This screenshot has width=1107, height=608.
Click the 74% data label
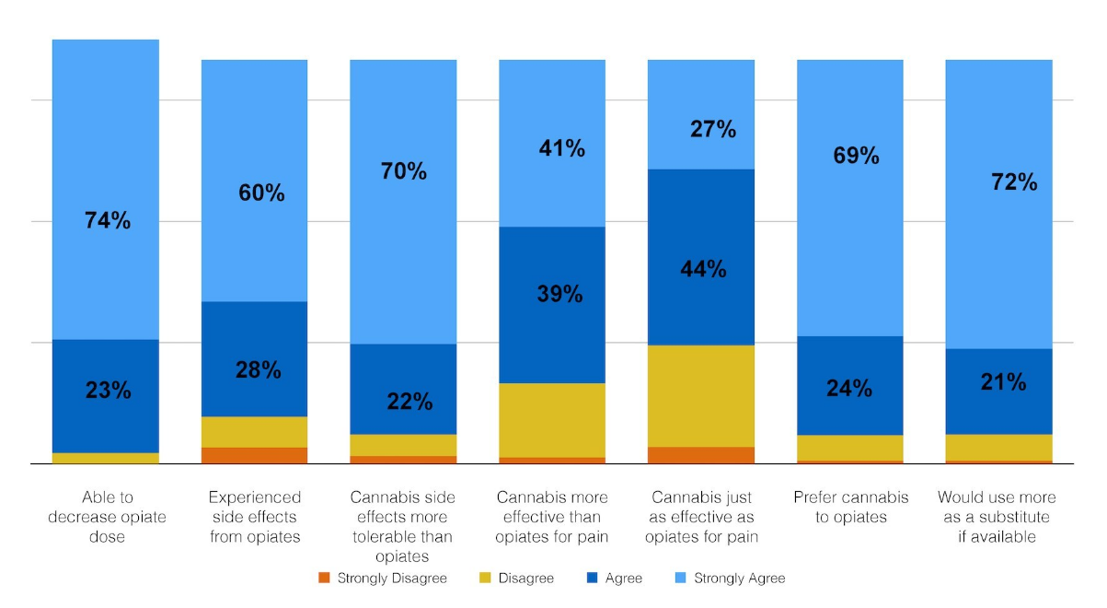point(108,221)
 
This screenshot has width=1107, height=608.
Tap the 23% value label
point(108,390)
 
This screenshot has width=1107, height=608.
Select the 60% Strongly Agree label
point(261,193)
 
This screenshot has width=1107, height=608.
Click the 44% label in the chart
point(704,270)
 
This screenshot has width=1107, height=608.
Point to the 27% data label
point(713,130)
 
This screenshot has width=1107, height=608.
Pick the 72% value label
point(1015,182)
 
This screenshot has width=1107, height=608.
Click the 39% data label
point(559,294)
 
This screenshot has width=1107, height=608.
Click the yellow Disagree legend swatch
point(484,579)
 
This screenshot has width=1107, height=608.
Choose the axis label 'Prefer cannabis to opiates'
point(850,508)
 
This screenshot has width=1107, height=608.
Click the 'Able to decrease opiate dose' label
point(108,517)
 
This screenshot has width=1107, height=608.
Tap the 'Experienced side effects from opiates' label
point(255,517)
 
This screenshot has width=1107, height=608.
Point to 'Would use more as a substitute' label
point(998,517)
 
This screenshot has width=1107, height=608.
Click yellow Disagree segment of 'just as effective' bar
point(701,396)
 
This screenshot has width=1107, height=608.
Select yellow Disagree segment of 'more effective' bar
point(552,420)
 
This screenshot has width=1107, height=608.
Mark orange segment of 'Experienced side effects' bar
point(255,455)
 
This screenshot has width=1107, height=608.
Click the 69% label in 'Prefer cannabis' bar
point(857,157)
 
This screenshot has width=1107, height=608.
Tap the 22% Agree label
point(409,402)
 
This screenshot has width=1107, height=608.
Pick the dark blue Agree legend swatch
point(591,579)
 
